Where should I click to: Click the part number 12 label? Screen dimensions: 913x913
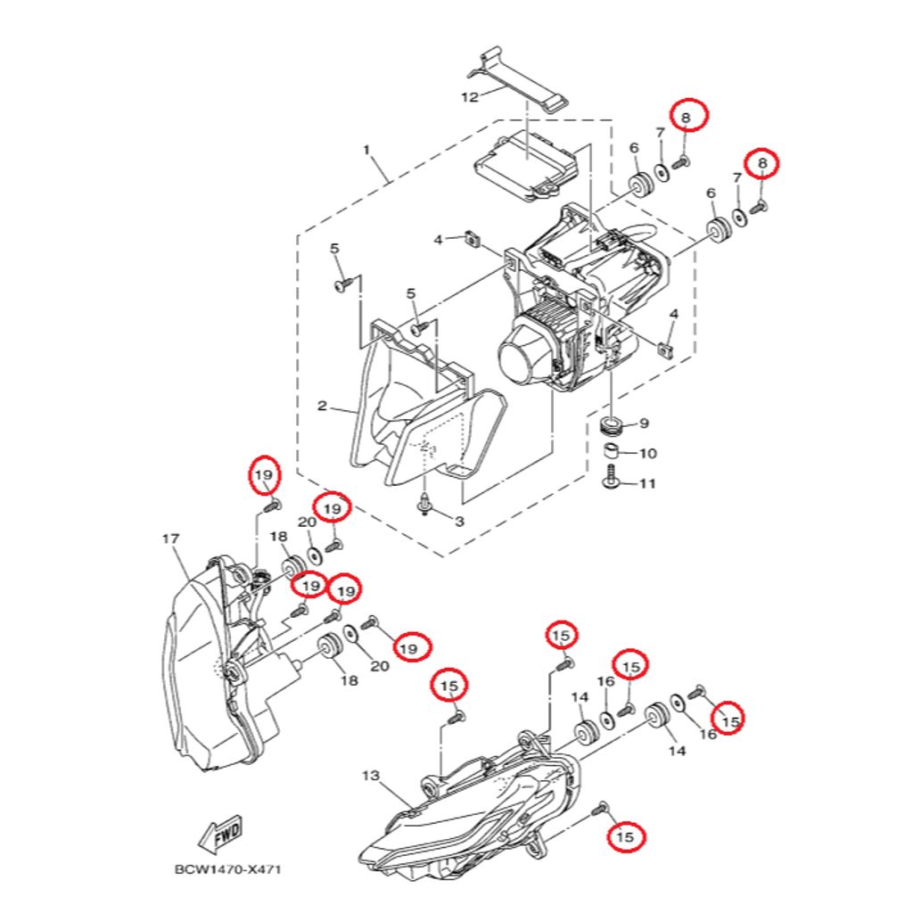(x=469, y=96)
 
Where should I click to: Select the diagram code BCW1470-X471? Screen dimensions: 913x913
(x=227, y=870)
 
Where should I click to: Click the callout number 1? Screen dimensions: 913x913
(x=366, y=150)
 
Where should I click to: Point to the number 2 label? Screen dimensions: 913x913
(x=322, y=406)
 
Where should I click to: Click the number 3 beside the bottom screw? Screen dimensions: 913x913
(x=459, y=521)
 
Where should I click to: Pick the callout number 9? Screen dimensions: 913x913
(x=644, y=423)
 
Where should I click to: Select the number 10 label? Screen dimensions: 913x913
(x=648, y=453)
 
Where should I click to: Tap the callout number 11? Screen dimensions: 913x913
(x=647, y=483)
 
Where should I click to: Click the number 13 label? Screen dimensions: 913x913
(x=370, y=776)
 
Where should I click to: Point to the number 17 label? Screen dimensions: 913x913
(x=170, y=539)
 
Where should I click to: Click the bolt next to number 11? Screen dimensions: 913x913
(x=611, y=477)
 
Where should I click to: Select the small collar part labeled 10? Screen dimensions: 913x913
(x=610, y=452)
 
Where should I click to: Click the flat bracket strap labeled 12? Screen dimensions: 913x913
(x=518, y=78)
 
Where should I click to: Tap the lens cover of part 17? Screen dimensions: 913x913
(x=193, y=663)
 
